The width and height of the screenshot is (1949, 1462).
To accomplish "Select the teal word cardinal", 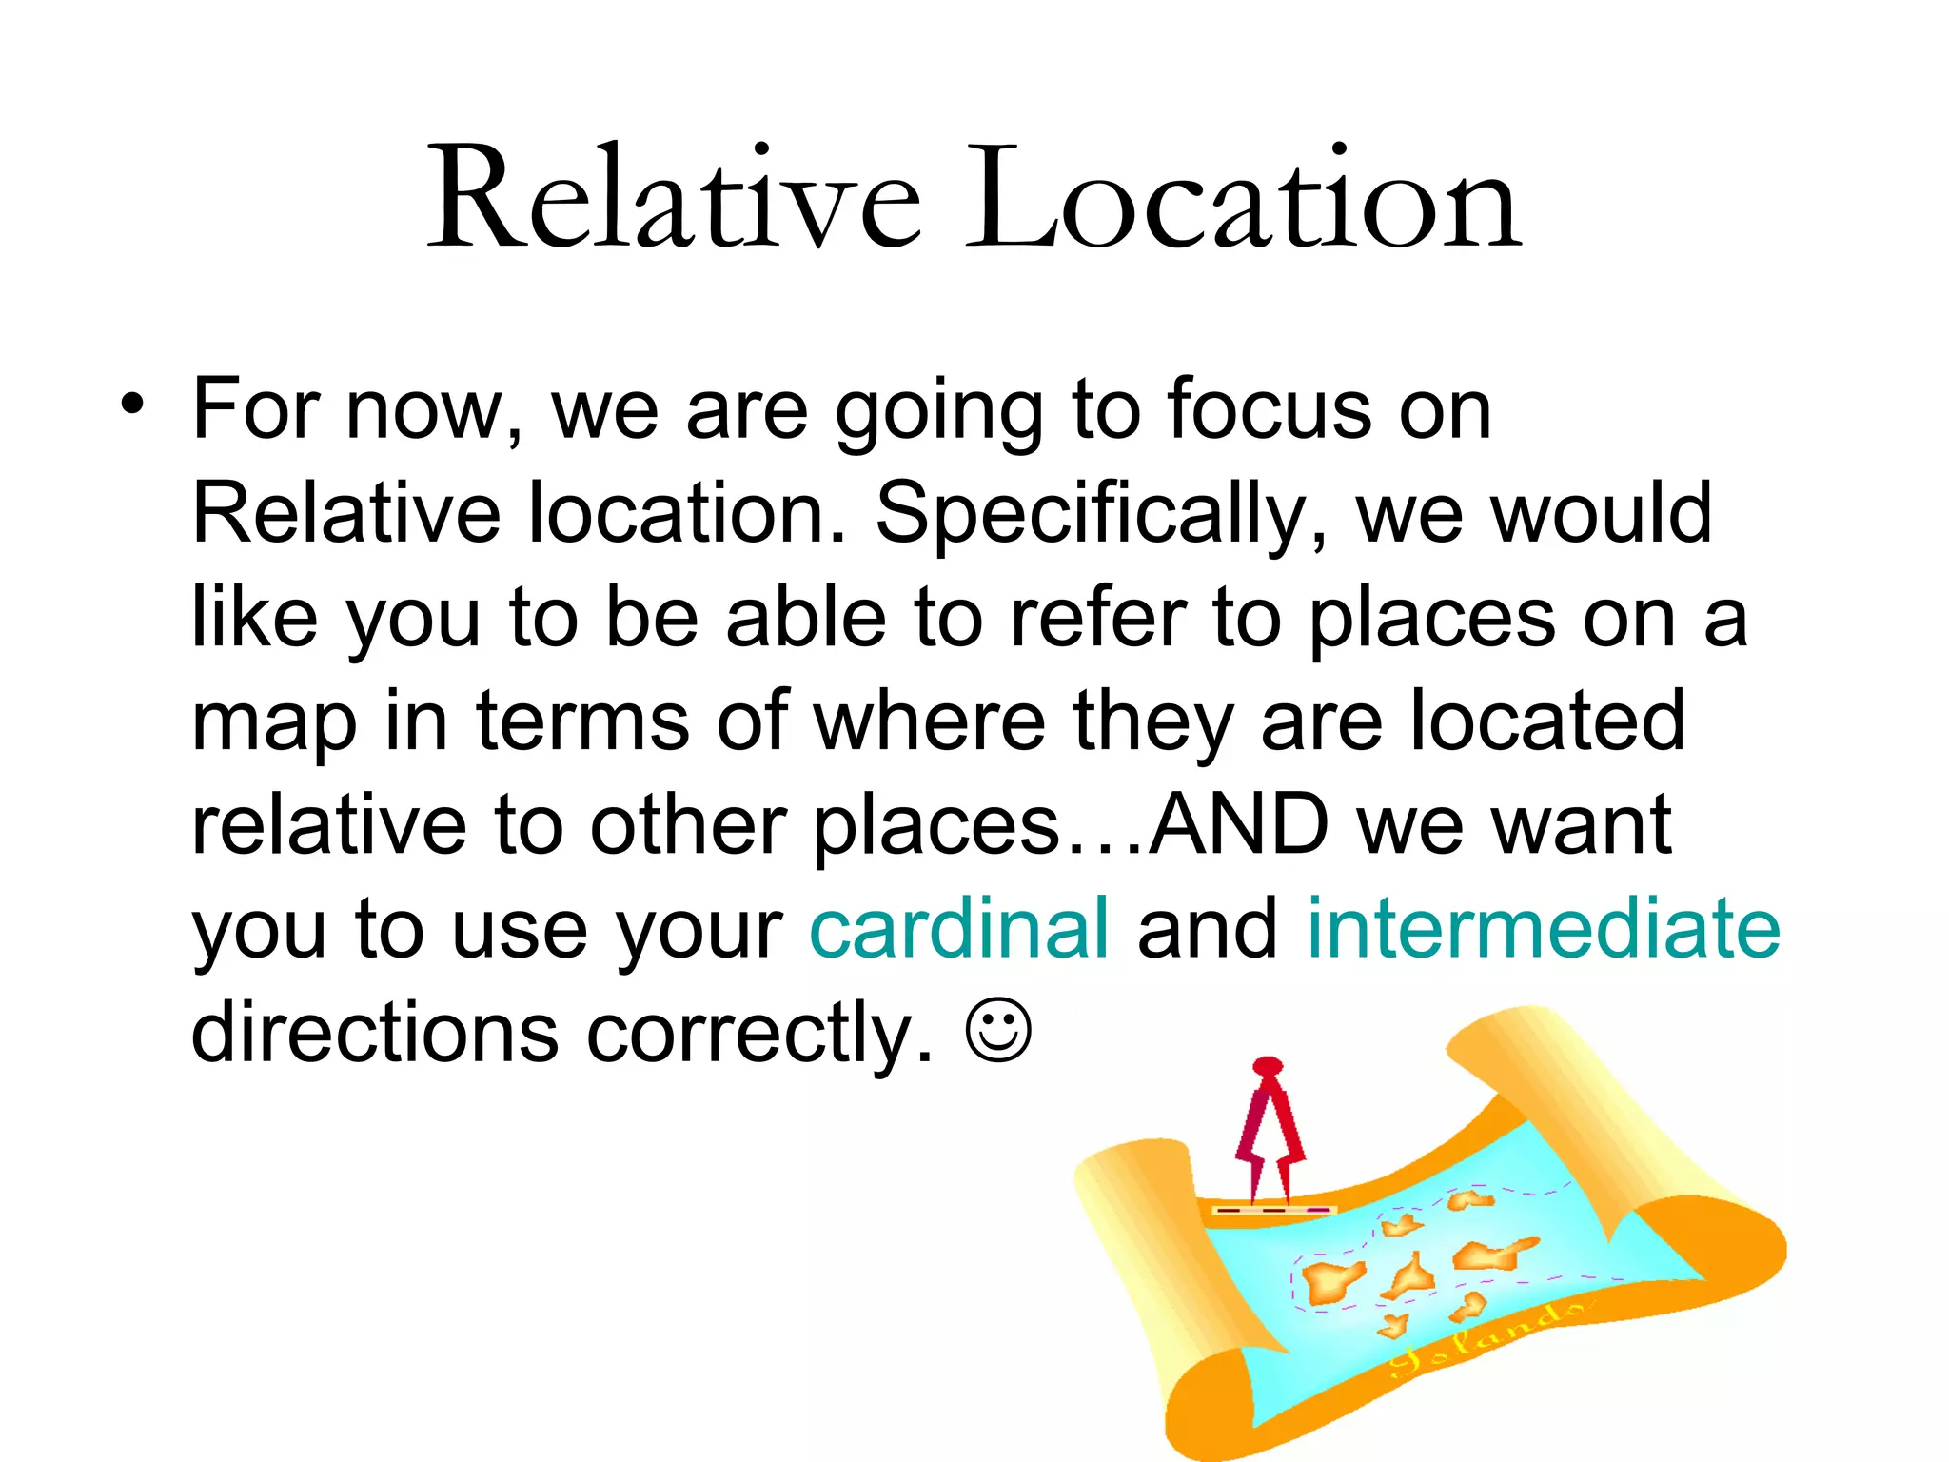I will pos(958,928).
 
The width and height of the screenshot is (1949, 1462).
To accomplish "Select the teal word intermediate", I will pos(1543,928).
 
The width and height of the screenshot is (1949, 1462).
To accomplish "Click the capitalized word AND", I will pos(1238,824).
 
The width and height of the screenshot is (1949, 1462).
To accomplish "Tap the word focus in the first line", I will pos(1269,410).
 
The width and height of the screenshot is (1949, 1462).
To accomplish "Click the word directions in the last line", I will pos(375,1032).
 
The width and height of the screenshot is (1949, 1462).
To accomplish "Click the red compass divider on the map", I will pos(1270,1129).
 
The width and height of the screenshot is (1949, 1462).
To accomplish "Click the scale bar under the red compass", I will pos(1273,1210).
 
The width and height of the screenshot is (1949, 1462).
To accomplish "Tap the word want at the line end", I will pos(1582,824).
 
